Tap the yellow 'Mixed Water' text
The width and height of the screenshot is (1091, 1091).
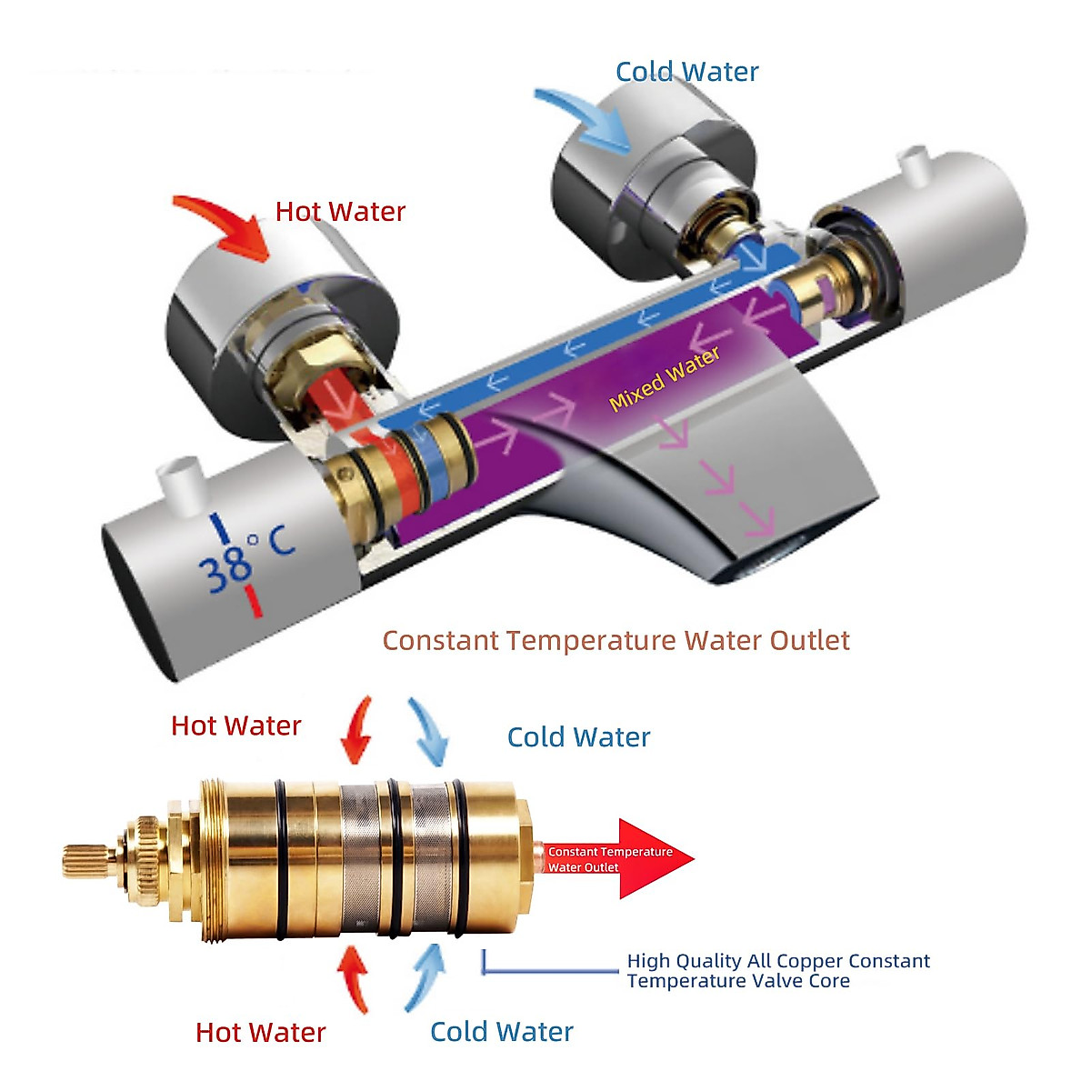665,378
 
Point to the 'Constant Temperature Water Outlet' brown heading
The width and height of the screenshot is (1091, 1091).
616,640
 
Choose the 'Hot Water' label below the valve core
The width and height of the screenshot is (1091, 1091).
260,1032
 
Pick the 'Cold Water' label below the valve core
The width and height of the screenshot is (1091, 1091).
501,1031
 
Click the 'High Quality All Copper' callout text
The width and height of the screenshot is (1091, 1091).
777,970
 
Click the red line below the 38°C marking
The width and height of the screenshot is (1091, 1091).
254,602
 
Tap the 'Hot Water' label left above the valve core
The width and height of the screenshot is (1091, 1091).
235,726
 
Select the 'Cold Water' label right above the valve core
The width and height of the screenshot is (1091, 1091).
578,736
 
